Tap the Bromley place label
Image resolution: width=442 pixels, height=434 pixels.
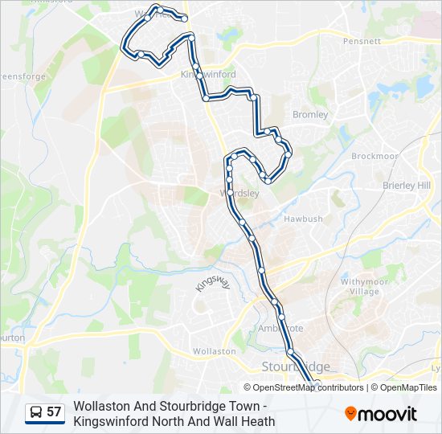click(310, 114)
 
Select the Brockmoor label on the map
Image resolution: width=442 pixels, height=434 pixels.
click(374, 156)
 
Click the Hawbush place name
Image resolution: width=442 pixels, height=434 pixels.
click(303, 219)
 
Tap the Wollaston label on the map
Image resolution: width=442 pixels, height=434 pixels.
click(215, 351)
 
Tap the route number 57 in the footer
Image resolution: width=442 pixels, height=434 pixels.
click(54, 412)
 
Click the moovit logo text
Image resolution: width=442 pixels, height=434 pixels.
click(388, 414)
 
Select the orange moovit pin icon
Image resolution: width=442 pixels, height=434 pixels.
click(350, 413)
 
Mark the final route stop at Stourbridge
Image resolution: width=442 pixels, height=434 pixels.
click(317, 383)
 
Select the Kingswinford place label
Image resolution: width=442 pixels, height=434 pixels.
click(208, 74)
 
